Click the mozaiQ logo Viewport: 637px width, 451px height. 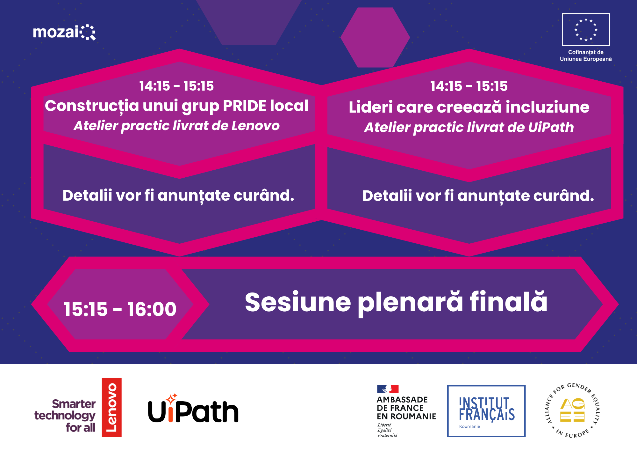64,32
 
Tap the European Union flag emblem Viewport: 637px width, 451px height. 586,30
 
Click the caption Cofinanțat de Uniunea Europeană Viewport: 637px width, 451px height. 586,55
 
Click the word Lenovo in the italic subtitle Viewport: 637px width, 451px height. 255,126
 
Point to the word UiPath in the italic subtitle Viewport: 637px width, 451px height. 551,127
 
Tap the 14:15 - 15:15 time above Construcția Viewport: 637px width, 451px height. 176,86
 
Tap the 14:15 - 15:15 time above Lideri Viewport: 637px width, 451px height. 469,86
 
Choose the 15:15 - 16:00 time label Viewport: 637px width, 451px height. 120,309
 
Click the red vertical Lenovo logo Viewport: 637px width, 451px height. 111,407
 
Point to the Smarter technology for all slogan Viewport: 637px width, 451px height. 65,416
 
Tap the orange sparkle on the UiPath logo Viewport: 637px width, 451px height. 172,398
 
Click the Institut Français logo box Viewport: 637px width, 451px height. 486,411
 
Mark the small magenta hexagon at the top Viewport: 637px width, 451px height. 375,37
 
